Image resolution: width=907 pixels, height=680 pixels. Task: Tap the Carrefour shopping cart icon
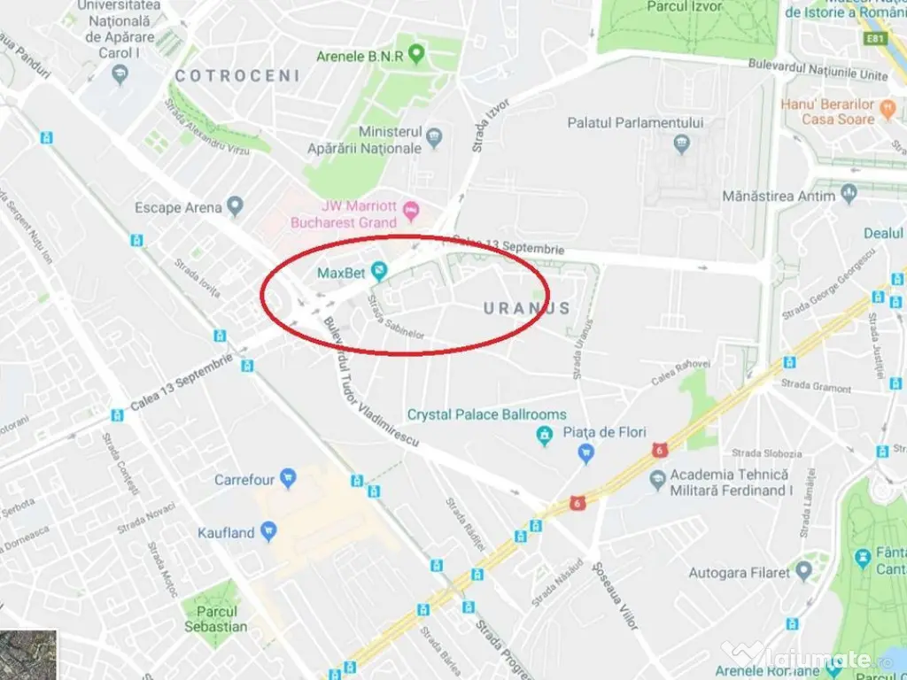pyautogui.click(x=288, y=479)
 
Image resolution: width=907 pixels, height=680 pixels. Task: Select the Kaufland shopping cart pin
pyautogui.click(x=268, y=532)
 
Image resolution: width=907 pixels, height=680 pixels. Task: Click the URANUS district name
pyautogui.click(x=526, y=308)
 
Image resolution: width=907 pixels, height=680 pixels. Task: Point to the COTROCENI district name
pyautogui.click(x=237, y=76)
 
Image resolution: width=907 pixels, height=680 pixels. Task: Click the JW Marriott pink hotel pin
pyautogui.click(x=410, y=210)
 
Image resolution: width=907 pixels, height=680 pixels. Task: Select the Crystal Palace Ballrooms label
pyautogui.click(x=486, y=414)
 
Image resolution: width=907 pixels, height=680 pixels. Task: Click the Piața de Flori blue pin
pyautogui.click(x=585, y=453)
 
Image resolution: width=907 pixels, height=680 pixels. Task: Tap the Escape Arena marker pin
pyautogui.click(x=235, y=207)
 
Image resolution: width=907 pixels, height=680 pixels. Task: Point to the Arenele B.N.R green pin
pyautogui.click(x=416, y=56)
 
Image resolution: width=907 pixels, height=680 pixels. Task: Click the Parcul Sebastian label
pyautogui.click(x=216, y=619)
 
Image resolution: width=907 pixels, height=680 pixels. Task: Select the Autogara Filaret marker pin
pyautogui.click(x=803, y=571)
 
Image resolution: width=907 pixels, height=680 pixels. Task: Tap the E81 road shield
pyautogui.click(x=875, y=39)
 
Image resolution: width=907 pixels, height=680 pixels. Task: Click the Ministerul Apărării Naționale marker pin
pyautogui.click(x=434, y=138)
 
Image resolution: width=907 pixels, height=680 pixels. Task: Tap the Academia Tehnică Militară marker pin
pyautogui.click(x=657, y=481)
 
